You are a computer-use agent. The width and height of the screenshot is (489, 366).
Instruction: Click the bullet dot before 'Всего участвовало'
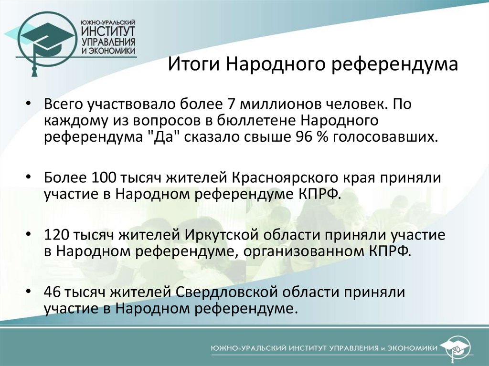coord(30,105)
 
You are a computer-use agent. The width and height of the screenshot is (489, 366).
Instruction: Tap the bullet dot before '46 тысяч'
coord(30,293)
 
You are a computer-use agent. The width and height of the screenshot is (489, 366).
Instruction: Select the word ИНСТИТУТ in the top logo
coord(107,31)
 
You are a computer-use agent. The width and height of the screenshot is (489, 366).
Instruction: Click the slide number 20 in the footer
coord(456,350)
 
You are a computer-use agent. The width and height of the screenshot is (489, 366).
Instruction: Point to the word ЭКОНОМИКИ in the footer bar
coord(414,349)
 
